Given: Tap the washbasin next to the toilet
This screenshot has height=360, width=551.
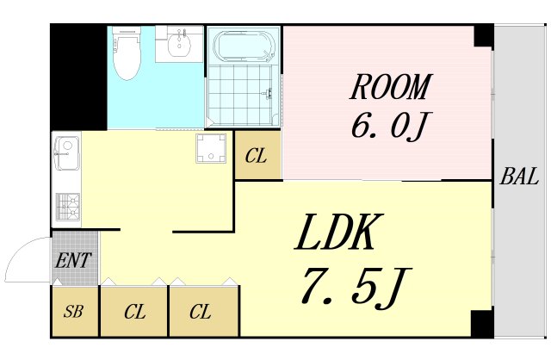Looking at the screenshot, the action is click(x=179, y=44).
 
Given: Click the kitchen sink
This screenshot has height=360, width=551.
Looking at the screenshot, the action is click(x=67, y=153).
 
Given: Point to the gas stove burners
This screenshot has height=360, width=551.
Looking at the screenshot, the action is click(x=67, y=207).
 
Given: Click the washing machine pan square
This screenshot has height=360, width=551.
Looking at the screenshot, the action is click(x=211, y=148).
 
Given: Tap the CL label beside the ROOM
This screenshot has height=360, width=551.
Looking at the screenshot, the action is click(x=256, y=156).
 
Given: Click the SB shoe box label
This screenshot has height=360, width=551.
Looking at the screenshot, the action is click(x=73, y=312).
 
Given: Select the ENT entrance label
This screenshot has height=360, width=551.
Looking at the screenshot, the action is click(x=73, y=260).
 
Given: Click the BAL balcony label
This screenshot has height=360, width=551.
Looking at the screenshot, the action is click(x=520, y=177).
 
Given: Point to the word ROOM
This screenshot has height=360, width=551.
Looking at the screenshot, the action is click(x=390, y=86).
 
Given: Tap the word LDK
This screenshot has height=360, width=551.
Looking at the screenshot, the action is click(x=338, y=233).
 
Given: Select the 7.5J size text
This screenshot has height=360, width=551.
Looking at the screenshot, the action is click(x=356, y=288).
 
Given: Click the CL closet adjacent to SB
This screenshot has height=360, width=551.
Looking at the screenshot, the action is click(x=134, y=311).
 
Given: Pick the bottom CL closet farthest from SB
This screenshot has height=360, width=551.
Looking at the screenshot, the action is click(x=204, y=311).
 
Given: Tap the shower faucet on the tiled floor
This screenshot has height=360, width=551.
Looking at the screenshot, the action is click(x=268, y=94).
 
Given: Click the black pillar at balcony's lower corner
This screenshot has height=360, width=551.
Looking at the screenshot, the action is click(x=482, y=324).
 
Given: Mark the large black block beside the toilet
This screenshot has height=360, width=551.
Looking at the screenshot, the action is click(x=78, y=78).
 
